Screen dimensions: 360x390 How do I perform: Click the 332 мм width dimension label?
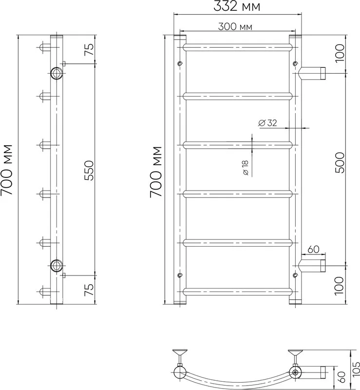pyautogui.click(x=237, y=6)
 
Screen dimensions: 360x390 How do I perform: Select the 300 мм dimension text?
pyautogui.click(x=235, y=27)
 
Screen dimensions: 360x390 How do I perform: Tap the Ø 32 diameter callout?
pyautogui.click(x=267, y=123)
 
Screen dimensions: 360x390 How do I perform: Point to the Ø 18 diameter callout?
pyautogui.click(x=245, y=168)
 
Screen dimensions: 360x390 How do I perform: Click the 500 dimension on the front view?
pyautogui.click(x=340, y=163)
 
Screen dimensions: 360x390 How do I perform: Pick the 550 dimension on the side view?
pyautogui.click(x=89, y=170)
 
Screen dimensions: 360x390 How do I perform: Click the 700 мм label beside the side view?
pyautogui.click(x=6, y=170)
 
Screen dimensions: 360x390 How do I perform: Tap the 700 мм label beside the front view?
pyautogui.click(x=156, y=172)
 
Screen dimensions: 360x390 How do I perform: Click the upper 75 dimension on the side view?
pyautogui.click(x=89, y=49)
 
